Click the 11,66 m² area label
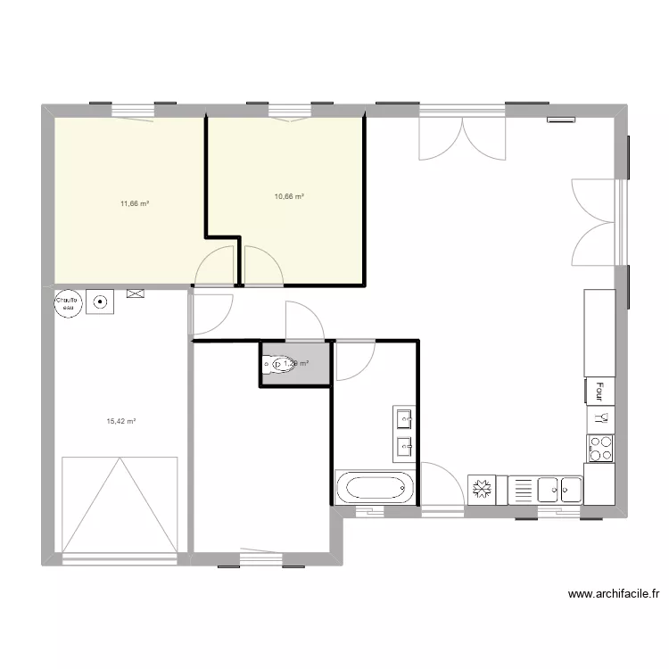pos(134,203)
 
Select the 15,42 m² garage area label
pos(120,421)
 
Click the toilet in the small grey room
pos(281,364)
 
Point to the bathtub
pos(376,488)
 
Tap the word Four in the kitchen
pos(600,392)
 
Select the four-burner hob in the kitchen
pos(600,448)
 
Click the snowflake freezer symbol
pos(482,490)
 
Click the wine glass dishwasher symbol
pos(600,416)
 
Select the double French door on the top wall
pos(463,138)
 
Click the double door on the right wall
pos(594,220)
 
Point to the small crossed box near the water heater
pos(136,293)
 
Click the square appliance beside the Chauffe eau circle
pos(100,301)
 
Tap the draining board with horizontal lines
pos(523,490)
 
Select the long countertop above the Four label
pos(599,333)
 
